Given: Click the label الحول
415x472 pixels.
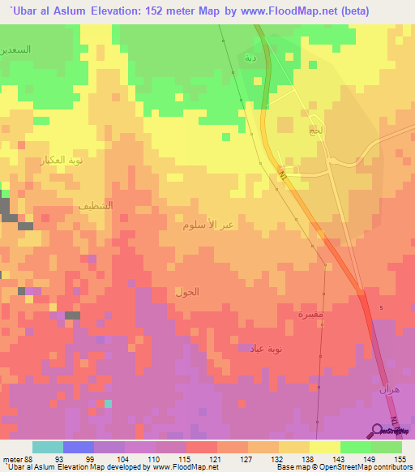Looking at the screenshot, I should pos(186,290).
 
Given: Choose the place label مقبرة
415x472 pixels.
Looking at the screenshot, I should pos(310,314).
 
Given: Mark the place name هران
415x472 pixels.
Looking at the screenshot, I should pos(388,390).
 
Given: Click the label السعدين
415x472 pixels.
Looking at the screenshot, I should pos(16,49).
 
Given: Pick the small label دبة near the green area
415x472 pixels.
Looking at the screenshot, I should pos(251,58).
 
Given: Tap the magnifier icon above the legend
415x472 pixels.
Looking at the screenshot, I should pos(379,431).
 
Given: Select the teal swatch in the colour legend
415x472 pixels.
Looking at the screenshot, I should pos(47,447).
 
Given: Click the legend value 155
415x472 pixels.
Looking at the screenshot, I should pos(399,459).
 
